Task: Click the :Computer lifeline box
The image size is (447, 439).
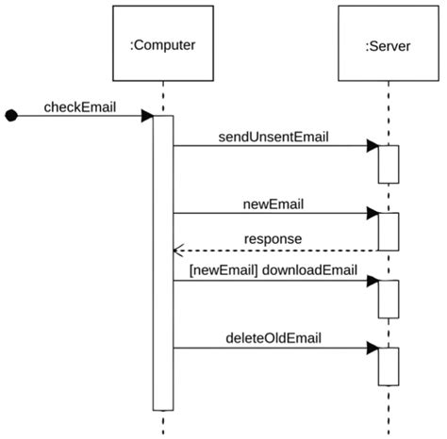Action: pyautogui.click(x=162, y=42)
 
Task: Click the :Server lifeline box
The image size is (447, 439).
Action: pyautogui.click(x=388, y=42)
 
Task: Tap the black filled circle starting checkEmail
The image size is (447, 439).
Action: pyautogui.click(x=11, y=116)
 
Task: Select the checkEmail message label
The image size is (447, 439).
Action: pyautogui.click(x=79, y=106)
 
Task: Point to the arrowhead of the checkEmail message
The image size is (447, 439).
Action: pyautogui.click(x=147, y=116)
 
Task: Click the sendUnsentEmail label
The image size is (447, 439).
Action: pyautogui.click(x=273, y=137)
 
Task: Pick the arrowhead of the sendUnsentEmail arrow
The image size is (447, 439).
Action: pyautogui.click(x=372, y=146)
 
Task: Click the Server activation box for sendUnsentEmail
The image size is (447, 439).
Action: pyautogui.click(x=389, y=164)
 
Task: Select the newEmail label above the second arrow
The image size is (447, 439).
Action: pyautogui.click(x=273, y=203)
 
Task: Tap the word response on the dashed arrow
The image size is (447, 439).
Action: pyautogui.click(x=273, y=239)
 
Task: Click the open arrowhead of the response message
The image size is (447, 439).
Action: pyautogui.click(x=176, y=251)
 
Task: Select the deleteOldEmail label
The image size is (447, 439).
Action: pyautogui.click(x=273, y=337)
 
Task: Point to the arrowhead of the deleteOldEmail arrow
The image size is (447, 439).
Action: pyautogui.click(x=372, y=348)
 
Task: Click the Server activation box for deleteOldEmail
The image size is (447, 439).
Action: pyautogui.click(x=389, y=366)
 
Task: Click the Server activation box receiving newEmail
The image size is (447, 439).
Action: pyautogui.click(x=389, y=232)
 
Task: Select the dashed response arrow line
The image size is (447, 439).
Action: pyautogui.click(x=283, y=251)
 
